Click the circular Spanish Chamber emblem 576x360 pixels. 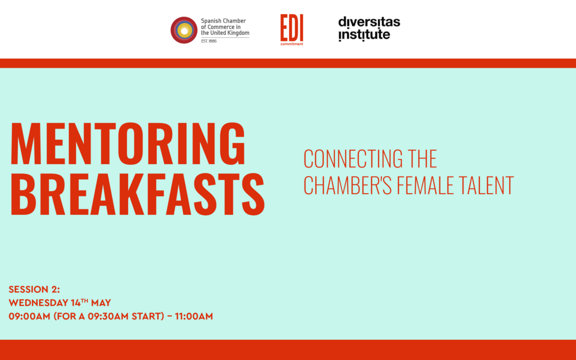point(184,30)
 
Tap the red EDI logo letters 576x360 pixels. point(292,28)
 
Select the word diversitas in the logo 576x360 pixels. point(369,22)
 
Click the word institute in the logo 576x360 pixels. point(364,35)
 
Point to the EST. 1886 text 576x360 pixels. point(209,41)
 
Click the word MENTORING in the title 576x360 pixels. point(128,143)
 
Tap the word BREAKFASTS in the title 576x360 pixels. point(138,194)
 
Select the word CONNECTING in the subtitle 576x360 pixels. point(353,159)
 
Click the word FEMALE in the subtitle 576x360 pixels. point(425,185)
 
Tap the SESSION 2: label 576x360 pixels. point(34,290)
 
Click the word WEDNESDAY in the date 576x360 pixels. point(38,303)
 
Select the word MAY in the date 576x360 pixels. point(101,303)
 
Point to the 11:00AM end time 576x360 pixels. point(194,316)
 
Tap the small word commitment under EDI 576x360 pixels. point(292,44)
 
